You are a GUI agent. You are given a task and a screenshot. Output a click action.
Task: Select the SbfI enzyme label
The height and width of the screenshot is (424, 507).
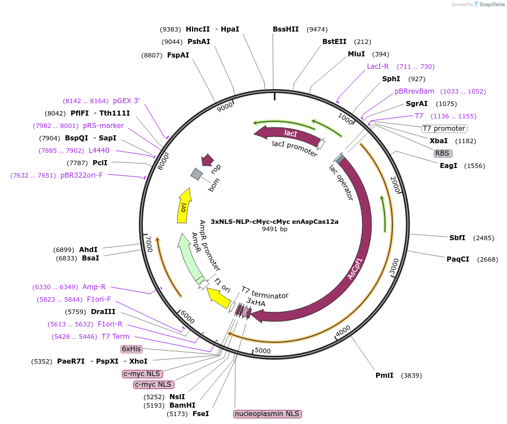coord(457,237)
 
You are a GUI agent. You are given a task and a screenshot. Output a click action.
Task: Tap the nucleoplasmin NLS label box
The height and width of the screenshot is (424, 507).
coord(268,414)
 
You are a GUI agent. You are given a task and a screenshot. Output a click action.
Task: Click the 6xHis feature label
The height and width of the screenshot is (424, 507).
coord(132,349)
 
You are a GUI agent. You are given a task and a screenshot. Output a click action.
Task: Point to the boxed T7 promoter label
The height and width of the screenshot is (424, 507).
coord(444,129)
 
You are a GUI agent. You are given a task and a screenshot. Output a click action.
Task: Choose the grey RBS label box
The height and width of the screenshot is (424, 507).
coord(442,153)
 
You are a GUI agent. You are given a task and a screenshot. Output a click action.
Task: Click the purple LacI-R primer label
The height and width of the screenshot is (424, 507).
coord(378,66)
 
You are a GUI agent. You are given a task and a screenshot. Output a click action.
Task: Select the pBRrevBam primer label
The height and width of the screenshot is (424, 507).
coord(414,91)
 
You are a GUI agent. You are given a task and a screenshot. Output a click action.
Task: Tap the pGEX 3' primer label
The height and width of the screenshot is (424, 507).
coord(126,101)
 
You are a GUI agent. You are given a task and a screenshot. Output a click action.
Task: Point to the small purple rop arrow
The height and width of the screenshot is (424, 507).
coord(207,160)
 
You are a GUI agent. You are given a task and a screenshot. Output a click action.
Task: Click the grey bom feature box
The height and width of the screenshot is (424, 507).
coord(196,174)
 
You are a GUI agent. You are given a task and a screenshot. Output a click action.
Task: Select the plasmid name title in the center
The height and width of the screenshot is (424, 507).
coord(274,222)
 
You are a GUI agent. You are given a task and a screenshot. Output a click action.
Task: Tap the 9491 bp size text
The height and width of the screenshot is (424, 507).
coord(274,229)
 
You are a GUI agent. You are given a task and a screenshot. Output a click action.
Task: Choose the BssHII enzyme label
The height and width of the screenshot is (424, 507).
coord(286,29)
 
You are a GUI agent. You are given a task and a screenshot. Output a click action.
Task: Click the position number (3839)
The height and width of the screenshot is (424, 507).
coord(411,376)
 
